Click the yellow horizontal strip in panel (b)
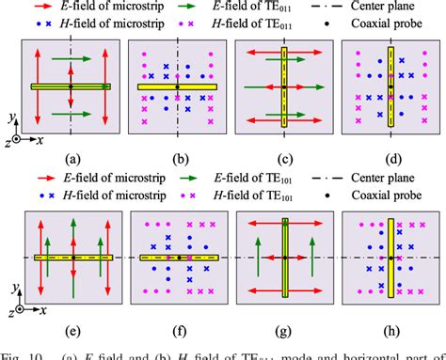(x=177, y=87)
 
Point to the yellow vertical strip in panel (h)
(x=390, y=257)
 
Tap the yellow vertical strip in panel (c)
(x=283, y=87)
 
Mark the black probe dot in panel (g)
(x=283, y=257)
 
